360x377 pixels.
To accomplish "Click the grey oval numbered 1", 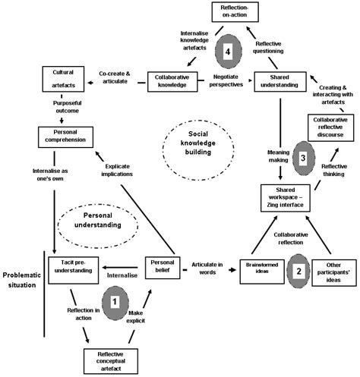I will tap(115, 300).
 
